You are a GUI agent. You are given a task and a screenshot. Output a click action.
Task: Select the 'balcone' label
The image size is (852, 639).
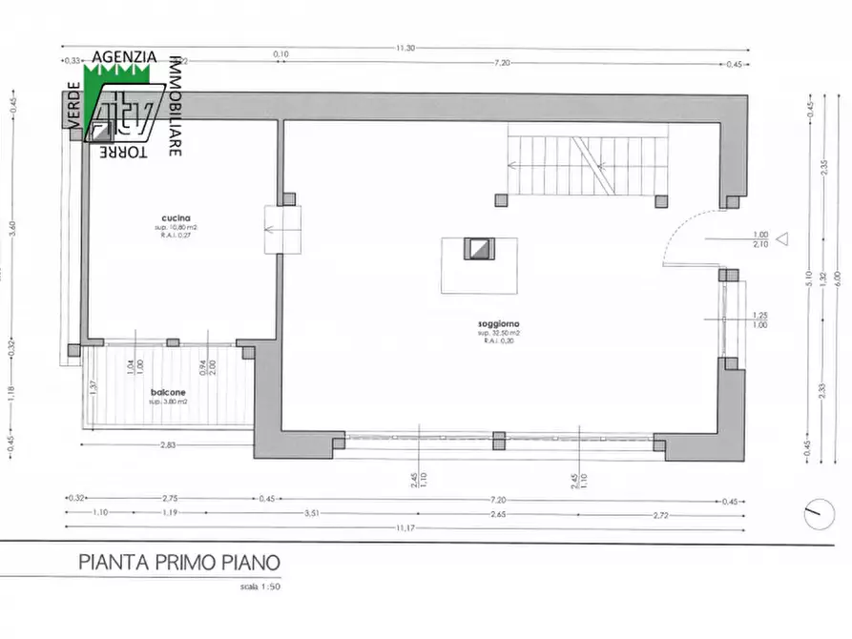click(168, 392)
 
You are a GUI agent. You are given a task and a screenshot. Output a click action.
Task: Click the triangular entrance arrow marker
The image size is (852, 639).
click(783, 239)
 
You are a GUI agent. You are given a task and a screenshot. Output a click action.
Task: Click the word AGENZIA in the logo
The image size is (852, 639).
click(125, 57)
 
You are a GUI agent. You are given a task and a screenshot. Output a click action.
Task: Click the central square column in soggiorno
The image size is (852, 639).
click(479, 250)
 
